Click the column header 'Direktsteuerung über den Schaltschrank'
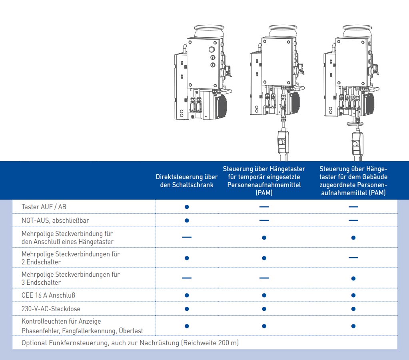187,181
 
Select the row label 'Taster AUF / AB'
44,207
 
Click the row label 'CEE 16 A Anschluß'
48,295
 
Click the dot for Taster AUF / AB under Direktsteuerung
187,207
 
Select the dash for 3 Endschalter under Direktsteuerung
187,278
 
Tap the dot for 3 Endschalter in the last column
353,278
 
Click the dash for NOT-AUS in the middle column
264,220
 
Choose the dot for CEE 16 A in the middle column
264,295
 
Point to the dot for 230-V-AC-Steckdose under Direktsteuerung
187,309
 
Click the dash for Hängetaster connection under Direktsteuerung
187,238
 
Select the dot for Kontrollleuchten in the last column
353,326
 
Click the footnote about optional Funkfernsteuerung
130,343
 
